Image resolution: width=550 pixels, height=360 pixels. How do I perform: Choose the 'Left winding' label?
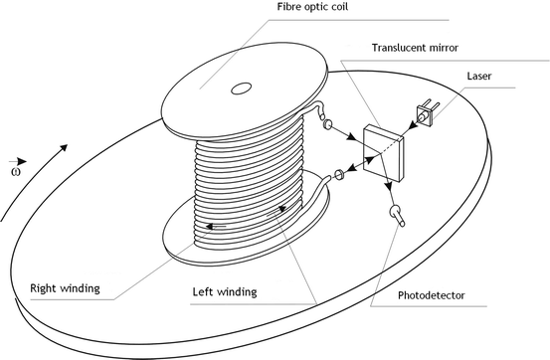(225, 292)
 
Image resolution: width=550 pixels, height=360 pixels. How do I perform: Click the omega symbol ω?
(14, 170)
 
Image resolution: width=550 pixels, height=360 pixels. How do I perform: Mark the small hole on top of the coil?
(242, 90)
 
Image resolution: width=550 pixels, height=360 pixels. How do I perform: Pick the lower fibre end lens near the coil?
(338, 176)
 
